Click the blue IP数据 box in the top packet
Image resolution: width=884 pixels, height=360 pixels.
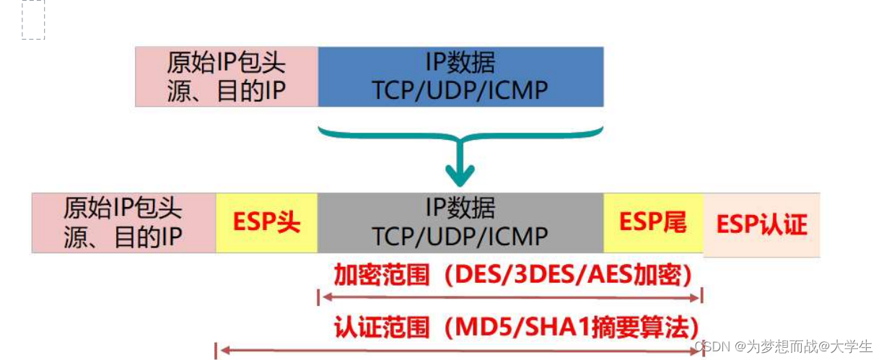pos(460,76)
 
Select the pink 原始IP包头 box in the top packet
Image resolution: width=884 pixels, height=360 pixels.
pos(227,76)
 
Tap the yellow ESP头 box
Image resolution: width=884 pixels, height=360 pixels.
pos(266,222)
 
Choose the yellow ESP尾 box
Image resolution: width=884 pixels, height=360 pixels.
pos(653,222)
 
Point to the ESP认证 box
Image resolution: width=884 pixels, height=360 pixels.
pos(761,224)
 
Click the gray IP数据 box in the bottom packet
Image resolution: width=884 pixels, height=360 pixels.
pos(460,222)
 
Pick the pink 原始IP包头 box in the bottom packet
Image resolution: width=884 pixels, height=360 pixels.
pos(123,222)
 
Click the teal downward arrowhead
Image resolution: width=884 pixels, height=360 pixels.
pos(460,175)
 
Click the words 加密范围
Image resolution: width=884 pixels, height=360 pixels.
pos(381,275)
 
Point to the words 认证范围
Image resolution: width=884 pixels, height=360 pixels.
pos(381,328)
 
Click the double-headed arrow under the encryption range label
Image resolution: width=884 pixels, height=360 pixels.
pos(510,296)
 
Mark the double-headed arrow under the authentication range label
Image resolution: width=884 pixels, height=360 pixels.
pos(459,351)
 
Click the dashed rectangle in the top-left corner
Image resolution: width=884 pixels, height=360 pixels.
pos(33,19)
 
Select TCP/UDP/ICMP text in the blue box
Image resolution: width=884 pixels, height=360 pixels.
pos(460,90)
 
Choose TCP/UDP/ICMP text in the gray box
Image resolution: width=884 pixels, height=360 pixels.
pos(460,236)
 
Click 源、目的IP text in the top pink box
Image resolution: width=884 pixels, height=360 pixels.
pos(227,91)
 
